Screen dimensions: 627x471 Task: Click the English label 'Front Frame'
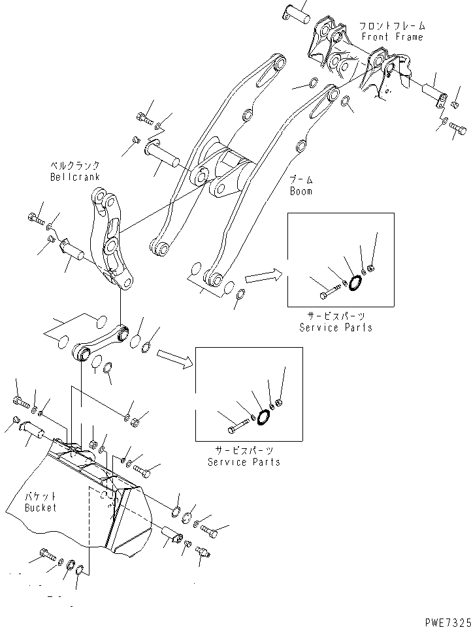point(392,37)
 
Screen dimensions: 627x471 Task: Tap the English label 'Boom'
point(301,191)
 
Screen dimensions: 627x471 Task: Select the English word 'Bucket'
point(41,507)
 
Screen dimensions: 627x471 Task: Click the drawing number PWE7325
point(443,619)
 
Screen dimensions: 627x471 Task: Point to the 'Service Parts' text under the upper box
point(336,327)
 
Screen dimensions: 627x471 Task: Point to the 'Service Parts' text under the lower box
point(244,461)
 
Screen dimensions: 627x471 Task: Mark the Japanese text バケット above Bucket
point(41,497)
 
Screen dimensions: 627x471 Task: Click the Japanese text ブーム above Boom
point(301,179)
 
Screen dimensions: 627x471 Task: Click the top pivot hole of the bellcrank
point(100,195)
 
